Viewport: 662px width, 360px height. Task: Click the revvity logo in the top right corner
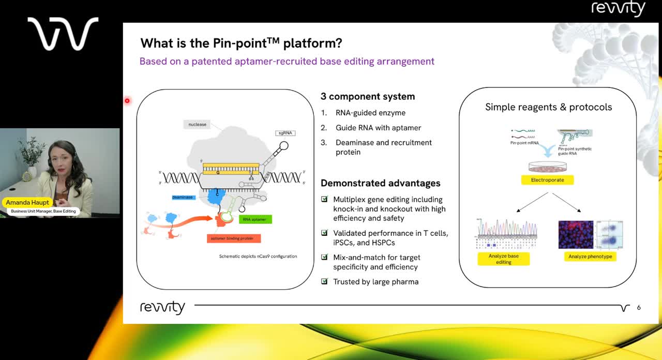click(618, 9)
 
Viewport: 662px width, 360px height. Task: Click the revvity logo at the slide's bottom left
click(162, 307)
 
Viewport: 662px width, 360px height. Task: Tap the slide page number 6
click(639, 307)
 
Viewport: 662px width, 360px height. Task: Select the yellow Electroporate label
click(548, 180)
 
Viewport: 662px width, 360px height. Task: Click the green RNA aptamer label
click(255, 219)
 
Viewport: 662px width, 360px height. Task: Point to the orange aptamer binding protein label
click(233, 238)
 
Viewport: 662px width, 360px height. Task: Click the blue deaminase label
click(183, 197)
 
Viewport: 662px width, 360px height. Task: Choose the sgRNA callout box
click(285, 133)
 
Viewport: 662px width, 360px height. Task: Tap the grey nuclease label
click(197, 124)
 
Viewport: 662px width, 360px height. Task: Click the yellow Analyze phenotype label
click(590, 257)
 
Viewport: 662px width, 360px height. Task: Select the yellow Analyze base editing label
click(503, 259)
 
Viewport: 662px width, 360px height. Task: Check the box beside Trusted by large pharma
click(324, 281)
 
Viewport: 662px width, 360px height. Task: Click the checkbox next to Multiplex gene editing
click(324, 199)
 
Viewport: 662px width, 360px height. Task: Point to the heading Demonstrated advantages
click(380, 183)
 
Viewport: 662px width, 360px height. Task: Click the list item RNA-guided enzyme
click(370, 113)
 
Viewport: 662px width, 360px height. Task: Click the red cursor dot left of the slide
click(127, 100)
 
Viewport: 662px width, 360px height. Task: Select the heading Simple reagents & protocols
click(548, 107)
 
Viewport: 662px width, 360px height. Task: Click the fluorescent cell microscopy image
click(576, 235)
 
